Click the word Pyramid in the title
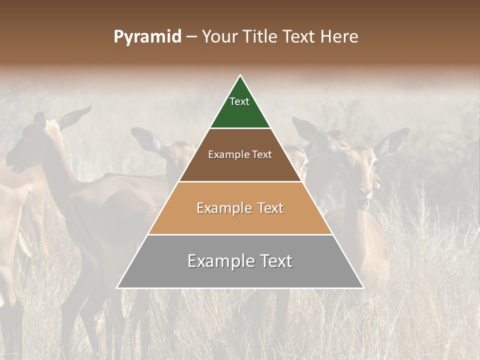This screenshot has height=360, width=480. [x=147, y=37]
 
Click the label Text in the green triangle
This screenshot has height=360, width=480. [x=239, y=101]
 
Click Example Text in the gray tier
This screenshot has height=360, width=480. [x=240, y=261]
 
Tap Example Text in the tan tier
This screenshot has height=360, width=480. [x=240, y=208]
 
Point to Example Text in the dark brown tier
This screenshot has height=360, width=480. [x=240, y=154]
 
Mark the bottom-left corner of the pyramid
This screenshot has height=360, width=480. [x=117, y=288]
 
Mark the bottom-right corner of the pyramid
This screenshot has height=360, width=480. [x=363, y=288]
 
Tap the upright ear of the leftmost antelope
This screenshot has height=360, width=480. [x=75, y=118]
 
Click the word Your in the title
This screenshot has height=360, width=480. [x=219, y=37]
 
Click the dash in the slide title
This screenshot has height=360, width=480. [x=191, y=37]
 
